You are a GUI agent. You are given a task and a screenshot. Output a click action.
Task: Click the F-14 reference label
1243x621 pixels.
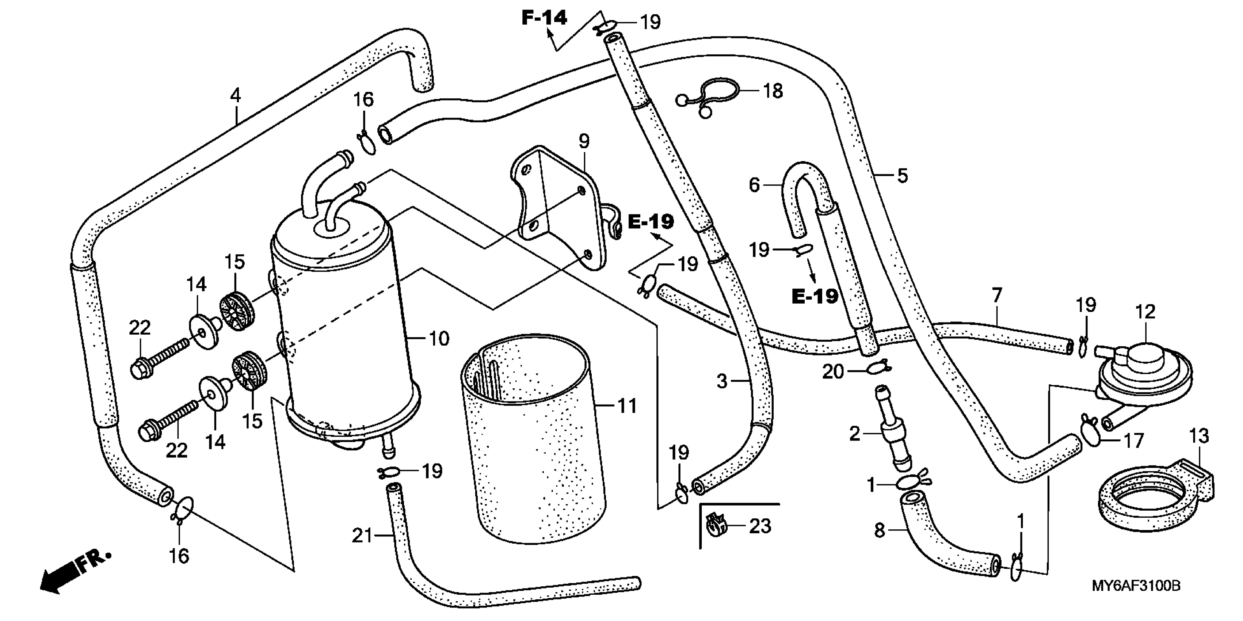[544, 18]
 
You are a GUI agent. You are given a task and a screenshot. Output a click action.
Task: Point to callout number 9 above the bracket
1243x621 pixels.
[584, 141]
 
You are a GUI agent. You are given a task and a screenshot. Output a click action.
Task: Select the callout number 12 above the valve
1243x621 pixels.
[1145, 312]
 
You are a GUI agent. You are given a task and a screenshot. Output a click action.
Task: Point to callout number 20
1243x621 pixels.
[833, 372]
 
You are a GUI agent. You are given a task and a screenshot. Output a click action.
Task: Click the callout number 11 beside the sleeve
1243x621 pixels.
[627, 406]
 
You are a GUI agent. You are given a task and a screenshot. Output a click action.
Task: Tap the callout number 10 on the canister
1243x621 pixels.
[439, 339]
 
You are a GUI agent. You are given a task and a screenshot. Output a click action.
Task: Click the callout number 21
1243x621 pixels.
[362, 536]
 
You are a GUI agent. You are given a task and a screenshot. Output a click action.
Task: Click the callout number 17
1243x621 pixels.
[1133, 441]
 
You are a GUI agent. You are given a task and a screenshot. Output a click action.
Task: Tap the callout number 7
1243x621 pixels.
[997, 294]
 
